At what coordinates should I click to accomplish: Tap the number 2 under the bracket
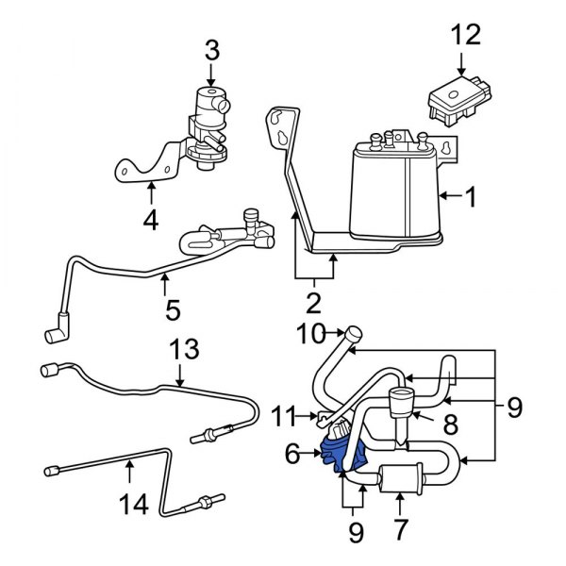(312, 304)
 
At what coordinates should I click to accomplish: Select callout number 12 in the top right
(465, 35)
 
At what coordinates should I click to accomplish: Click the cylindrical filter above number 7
(398, 478)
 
